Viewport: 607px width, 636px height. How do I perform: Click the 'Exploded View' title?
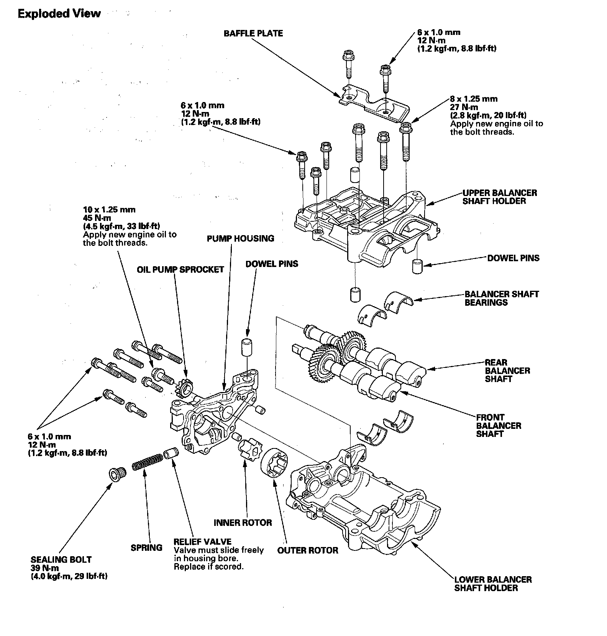(x=59, y=14)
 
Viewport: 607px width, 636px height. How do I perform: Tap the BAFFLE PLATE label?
(x=253, y=33)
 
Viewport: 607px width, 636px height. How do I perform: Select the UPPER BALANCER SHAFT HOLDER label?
(x=499, y=197)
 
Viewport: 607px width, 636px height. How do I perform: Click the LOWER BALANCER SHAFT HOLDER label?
(x=493, y=583)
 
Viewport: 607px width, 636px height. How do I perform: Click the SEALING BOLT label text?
(x=61, y=559)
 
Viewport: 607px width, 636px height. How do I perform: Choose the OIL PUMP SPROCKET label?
(x=180, y=269)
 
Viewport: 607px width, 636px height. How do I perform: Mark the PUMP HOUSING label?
(x=240, y=238)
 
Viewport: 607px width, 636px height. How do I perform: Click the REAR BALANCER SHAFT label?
(x=502, y=371)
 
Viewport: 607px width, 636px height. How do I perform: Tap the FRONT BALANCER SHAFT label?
(x=499, y=425)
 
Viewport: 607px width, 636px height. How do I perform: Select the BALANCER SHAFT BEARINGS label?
(x=502, y=298)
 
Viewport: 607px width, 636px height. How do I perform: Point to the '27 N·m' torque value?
(x=464, y=107)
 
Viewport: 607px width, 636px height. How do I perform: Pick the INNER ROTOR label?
(x=243, y=522)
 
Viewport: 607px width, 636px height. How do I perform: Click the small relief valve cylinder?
(x=171, y=453)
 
